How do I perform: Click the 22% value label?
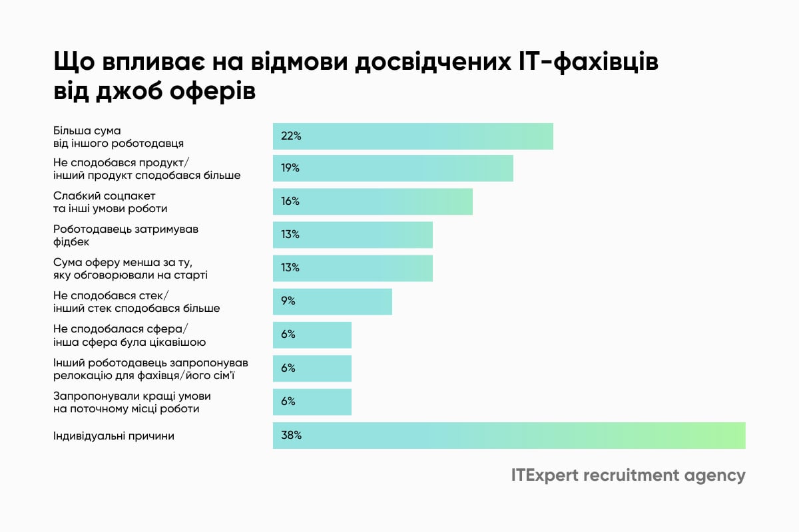tap(292, 136)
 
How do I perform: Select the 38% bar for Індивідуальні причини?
tap(509, 436)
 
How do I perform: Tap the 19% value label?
tap(290, 168)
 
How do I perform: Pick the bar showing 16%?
tap(373, 201)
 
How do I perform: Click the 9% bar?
tap(332, 301)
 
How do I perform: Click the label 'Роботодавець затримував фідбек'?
tap(126, 235)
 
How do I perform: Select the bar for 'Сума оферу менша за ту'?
tap(353, 268)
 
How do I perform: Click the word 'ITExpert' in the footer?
tap(545, 476)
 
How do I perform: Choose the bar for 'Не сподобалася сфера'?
tap(312, 334)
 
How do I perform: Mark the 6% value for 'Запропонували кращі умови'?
tap(288, 402)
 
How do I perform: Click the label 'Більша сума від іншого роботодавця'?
tap(119, 136)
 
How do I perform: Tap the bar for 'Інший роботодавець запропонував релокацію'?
tap(312, 368)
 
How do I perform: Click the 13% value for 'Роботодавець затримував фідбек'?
tap(290, 235)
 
